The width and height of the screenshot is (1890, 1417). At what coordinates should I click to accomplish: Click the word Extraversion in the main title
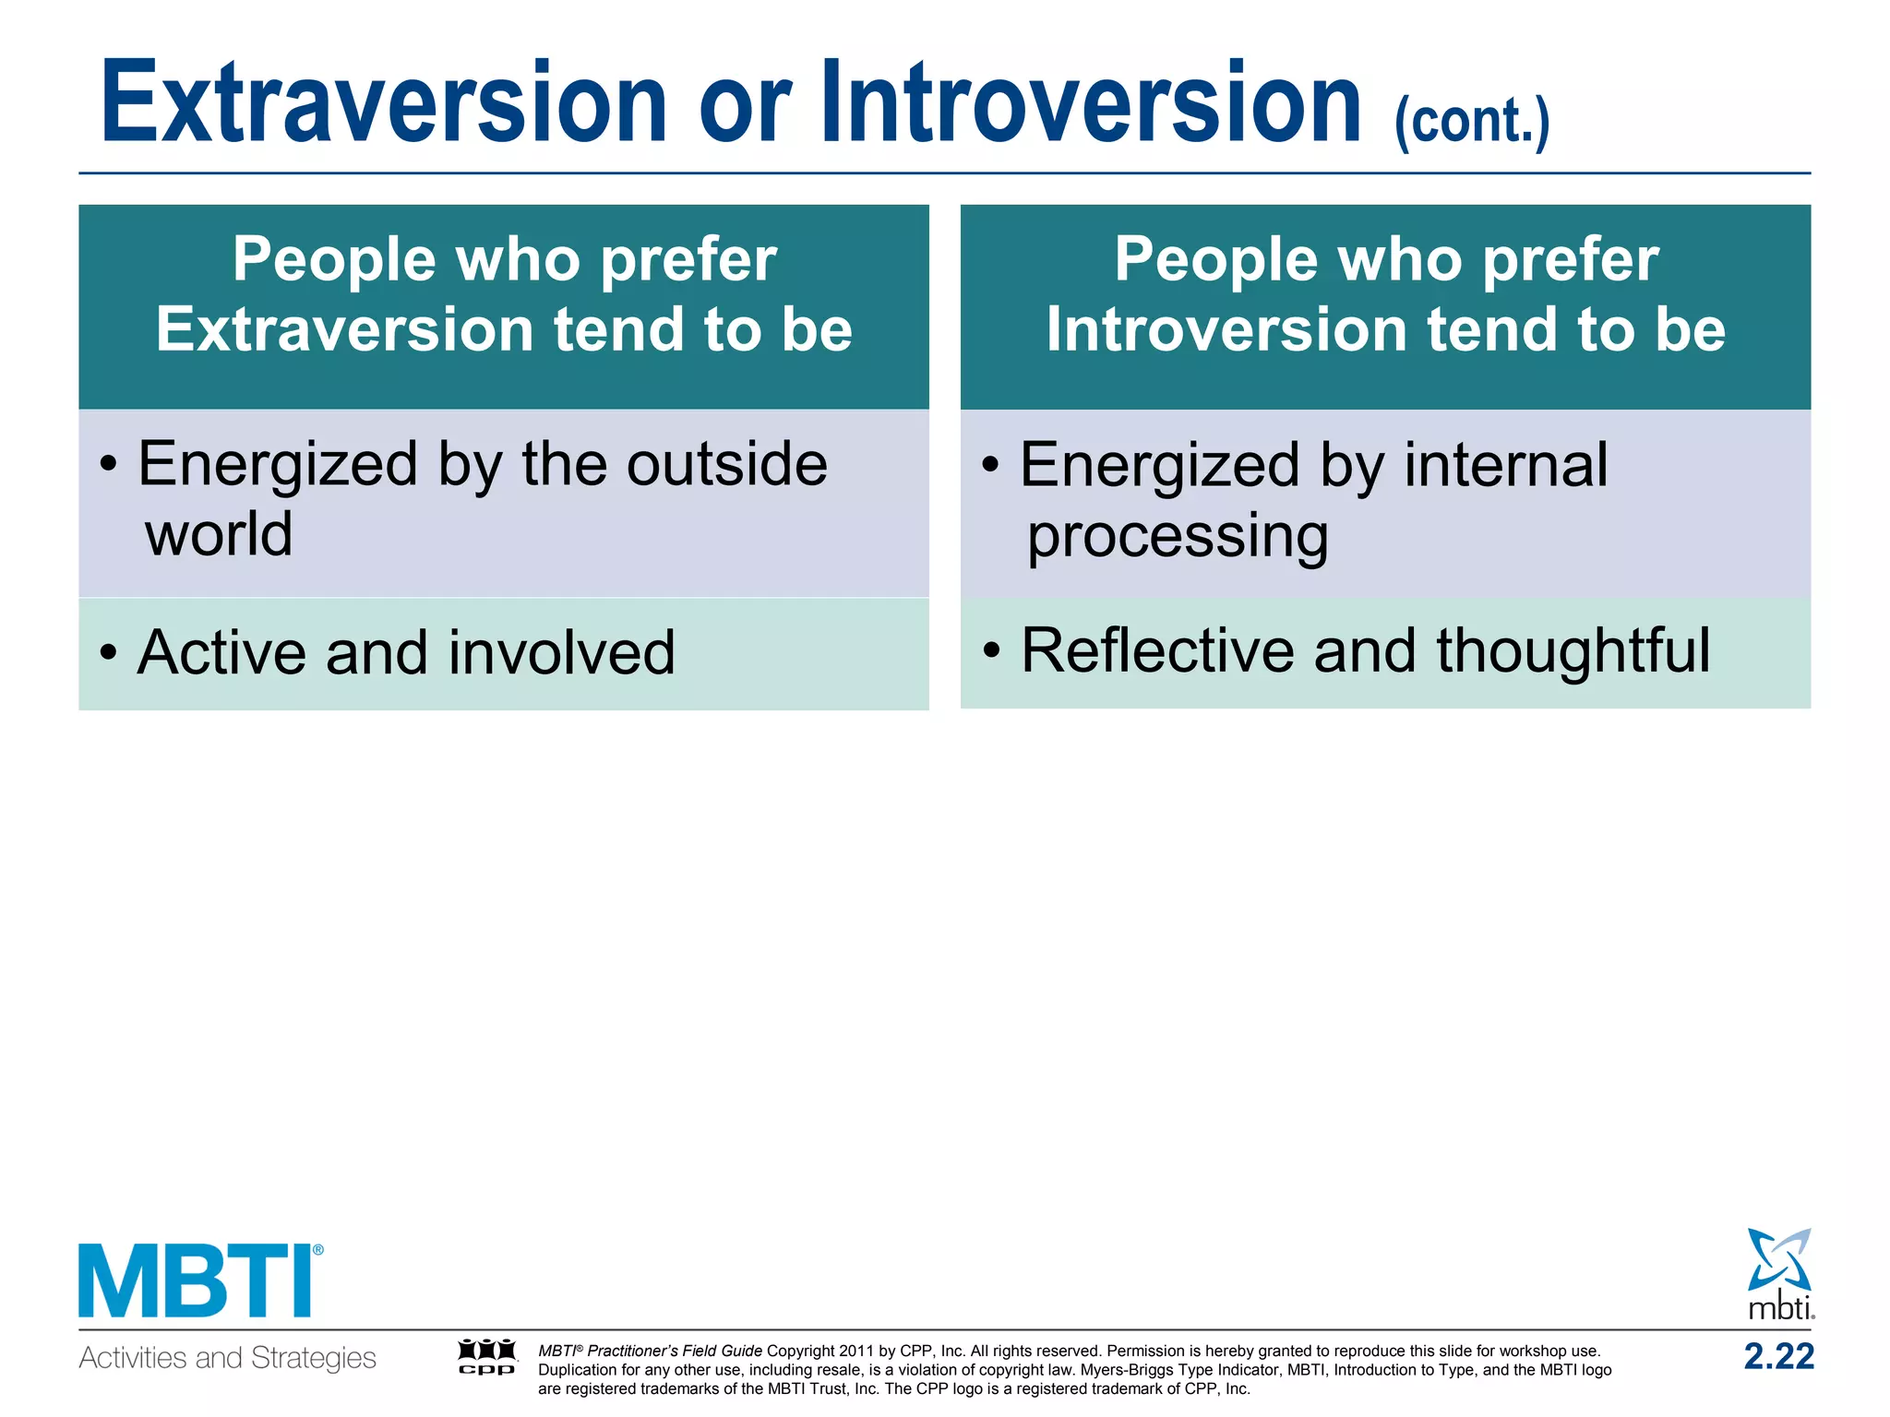click(383, 103)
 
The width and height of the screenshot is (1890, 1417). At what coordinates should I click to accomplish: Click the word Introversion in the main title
click(1092, 103)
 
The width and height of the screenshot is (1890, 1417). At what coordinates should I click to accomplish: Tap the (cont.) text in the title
click(1472, 121)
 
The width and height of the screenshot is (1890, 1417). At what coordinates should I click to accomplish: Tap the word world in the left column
click(219, 534)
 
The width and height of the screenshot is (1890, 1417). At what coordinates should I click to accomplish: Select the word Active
click(221, 652)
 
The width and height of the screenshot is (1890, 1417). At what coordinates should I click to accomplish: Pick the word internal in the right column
click(1505, 464)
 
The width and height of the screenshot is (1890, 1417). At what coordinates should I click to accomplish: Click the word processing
click(1178, 537)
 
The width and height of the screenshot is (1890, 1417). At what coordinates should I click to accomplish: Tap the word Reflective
click(1158, 650)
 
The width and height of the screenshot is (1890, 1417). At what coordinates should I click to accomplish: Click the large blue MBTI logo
click(199, 1281)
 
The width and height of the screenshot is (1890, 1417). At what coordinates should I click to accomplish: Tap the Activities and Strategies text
click(227, 1358)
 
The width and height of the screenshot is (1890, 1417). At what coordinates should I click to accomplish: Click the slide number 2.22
click(1778, 1356)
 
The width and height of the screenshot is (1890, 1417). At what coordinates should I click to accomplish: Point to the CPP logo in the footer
click(487, 1357)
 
